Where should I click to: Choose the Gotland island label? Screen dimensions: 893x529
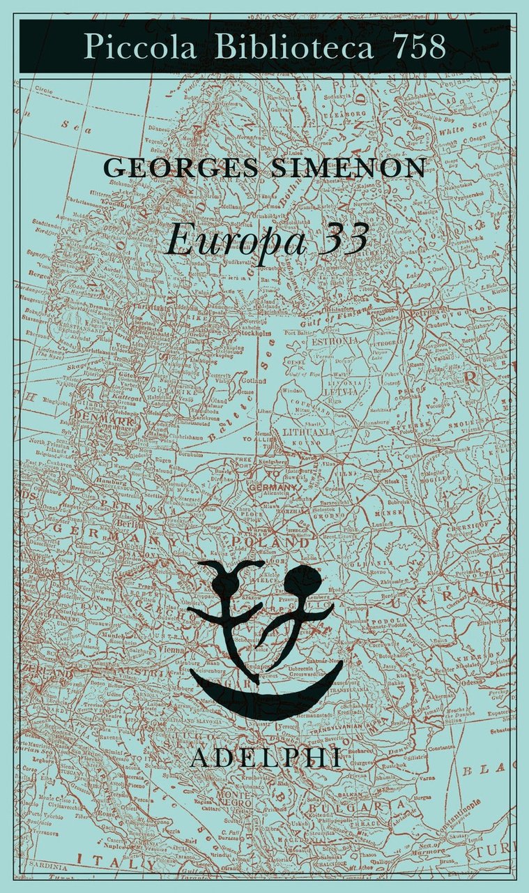pyautogui.click(x=254, y=382)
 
